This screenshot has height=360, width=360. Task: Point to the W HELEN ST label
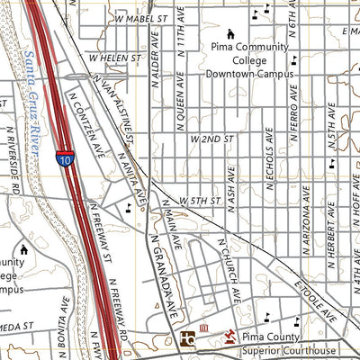pos(116,56)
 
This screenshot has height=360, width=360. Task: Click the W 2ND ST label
pos(211,139)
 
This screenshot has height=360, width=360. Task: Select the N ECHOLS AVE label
pos(270,163)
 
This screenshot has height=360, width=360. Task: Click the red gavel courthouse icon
pos(229,335)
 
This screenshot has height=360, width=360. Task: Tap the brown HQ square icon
pos(187,338)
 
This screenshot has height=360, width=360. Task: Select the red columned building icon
pos(204,328)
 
